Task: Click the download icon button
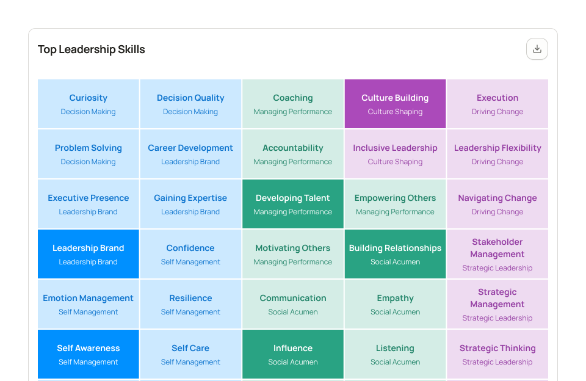(x=537, y=49)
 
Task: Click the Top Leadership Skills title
(x=92, y=49)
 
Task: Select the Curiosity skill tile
(x=89, y=104)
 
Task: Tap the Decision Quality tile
(x=190, y=104)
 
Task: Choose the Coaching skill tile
(x=293, y=104)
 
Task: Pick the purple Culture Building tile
(x=395, y=104)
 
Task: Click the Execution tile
(x=497, y=104)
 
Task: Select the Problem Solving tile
(x=89, y=154)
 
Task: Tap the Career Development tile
(x=190, y=154)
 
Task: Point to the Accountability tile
(x=293, y=154)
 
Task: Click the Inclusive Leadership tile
(x=395, y=154)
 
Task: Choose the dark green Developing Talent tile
(x=293, y=204)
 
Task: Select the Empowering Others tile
(x=395, y=204)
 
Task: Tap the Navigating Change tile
(x=497, y=204)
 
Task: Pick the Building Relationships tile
(x=395, y=254)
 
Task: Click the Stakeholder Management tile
(x=497, y=254)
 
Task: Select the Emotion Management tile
(x=89, y=304)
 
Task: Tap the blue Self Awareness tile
(x=89, y=354)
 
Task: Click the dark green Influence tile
(x=293, y=354)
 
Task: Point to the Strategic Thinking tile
(x=497, y=354)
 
